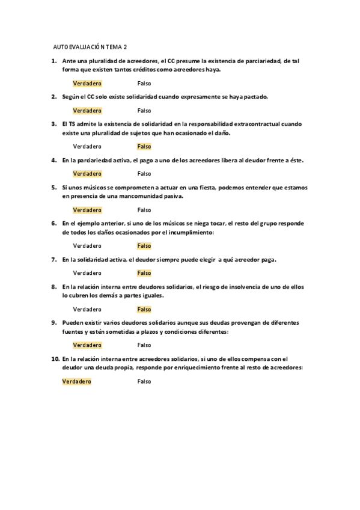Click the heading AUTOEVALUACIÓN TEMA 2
pos(90,46)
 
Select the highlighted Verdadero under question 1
pos(87,84)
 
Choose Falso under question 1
pos(144,84)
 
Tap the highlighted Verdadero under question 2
pos(87,111)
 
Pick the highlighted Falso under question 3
pos(144,147)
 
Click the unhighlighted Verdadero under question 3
pos(87,147)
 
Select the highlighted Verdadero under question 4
pos(87,174)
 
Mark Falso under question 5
pos(144,210)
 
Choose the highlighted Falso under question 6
pos(144,246)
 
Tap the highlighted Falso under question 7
pos(144,273)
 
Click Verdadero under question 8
pos(87,309)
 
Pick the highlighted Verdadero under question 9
pos(87,345)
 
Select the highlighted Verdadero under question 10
pos(76,381)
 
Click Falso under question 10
pos(144,381)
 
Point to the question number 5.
pos(53,187)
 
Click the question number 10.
pos(55,358)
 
